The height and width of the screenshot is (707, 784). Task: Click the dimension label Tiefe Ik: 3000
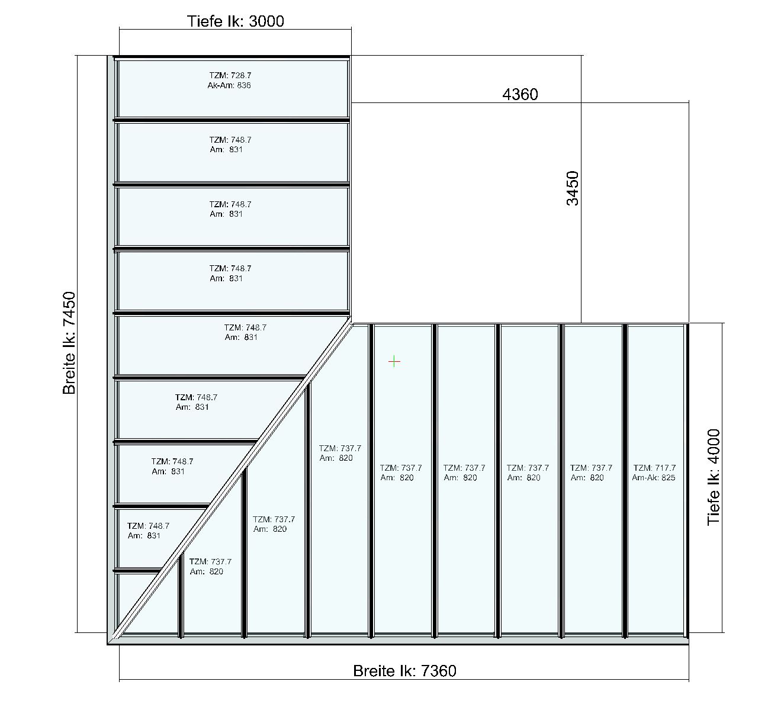(235, 21)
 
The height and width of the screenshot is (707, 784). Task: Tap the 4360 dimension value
(520, 94)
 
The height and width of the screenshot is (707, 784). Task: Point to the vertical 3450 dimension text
(573, 188)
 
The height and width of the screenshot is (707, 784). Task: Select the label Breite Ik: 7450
(69, 343)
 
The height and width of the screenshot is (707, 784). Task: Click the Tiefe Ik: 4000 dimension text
(714, 477)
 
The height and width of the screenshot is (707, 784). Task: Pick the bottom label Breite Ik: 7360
(404, 671)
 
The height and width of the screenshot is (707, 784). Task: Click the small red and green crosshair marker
(394, 362)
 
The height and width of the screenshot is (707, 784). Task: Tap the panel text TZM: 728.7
(230, 75)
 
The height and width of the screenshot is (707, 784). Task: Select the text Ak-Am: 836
(229, 85)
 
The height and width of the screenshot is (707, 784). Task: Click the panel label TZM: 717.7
(655, 468)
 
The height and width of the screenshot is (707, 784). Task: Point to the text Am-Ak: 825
(654, 478)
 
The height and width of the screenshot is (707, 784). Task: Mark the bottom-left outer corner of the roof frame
(108, 644)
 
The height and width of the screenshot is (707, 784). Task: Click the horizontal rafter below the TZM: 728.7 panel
(232, 120)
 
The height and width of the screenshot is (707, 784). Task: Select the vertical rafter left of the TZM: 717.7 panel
(625, 481)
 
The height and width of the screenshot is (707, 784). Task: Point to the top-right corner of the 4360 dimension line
(689, 103)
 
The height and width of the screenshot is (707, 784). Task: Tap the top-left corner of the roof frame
(108, 56)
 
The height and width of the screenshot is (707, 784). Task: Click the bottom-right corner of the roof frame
(689, 644)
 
